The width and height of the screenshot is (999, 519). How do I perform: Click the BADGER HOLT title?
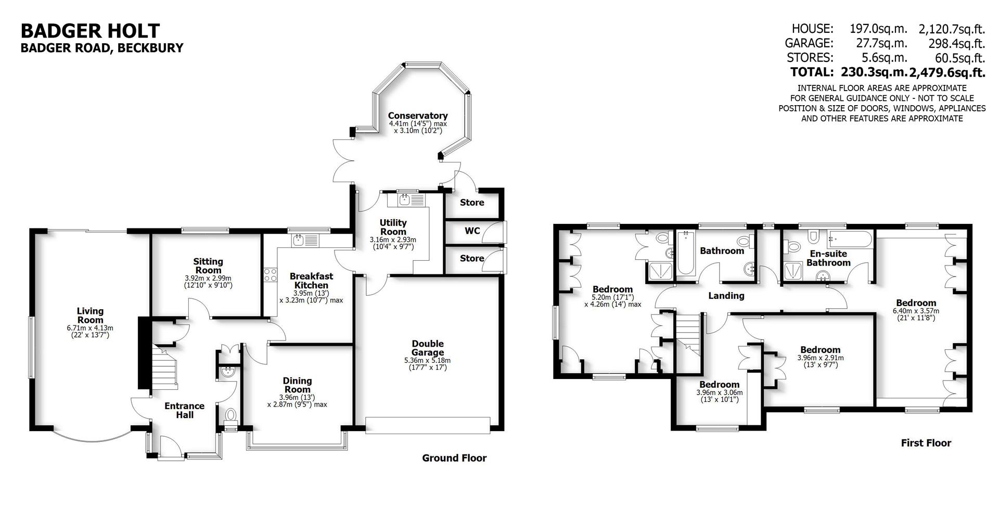tap(90, 31)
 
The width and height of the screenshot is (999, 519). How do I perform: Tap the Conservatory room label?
tap(417, 116)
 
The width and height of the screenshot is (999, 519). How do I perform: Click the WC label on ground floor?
tap(472, 230)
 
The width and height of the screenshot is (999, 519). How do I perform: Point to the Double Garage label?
tap(427, 348)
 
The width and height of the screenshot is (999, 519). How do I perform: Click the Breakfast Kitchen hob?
tap(271, 275)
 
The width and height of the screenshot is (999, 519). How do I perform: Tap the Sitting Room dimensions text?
tap(208, 282)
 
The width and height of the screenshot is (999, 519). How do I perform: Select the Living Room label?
tap(90, 315)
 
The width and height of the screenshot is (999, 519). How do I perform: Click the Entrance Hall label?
tap(184, 410)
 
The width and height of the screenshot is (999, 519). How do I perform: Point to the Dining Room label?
tap(297, 385)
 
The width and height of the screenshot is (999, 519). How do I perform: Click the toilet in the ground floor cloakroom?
tap(230, 415)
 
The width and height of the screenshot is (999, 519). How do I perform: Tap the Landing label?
tap(726, 296)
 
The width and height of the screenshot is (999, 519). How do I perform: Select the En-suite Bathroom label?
tap(828, 258)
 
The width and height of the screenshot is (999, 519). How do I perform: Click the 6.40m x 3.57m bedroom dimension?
tap(916, 314)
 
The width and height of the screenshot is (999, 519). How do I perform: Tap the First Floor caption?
tap(926, 443)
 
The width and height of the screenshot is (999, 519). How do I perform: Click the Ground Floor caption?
tap(454, 458)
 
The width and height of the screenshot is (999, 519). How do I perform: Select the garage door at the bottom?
tap(427, 425)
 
